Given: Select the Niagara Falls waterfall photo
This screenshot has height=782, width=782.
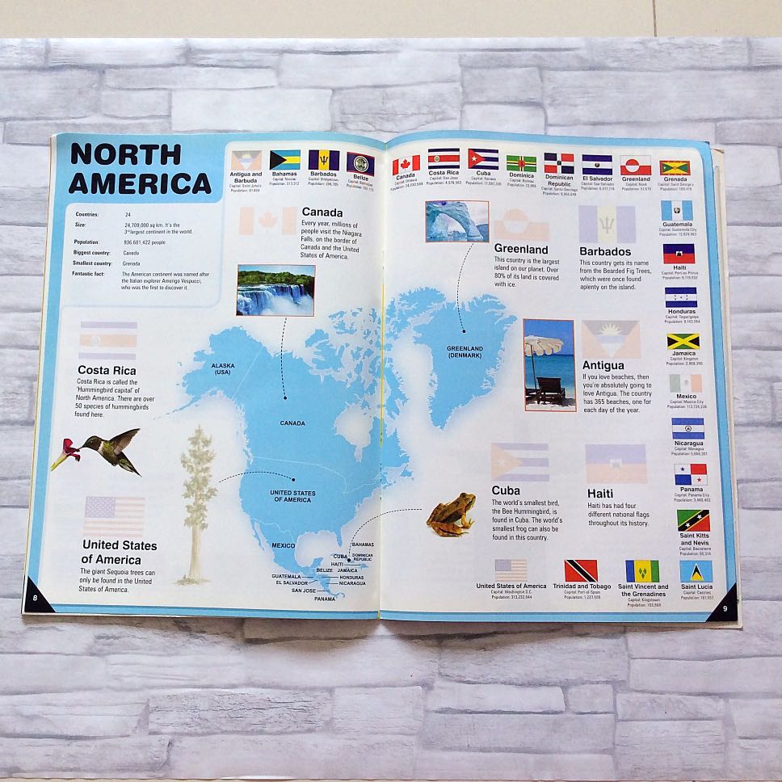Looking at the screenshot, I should [275, 289].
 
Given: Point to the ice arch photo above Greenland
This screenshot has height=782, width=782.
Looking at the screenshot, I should [456, 221].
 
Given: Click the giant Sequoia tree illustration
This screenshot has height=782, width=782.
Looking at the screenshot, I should [196, 501].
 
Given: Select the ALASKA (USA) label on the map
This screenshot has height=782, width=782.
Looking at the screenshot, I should [222, 368].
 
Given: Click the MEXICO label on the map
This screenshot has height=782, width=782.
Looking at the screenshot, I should [282, 546].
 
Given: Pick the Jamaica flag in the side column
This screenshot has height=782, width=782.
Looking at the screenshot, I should [683, 342].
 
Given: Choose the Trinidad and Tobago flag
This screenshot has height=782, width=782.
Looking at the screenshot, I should [581, 570].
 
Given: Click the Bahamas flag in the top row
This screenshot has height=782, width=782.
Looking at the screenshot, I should [284, 160].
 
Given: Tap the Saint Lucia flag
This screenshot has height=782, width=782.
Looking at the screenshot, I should [696, 571].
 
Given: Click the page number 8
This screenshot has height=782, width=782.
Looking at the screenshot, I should [36, 597].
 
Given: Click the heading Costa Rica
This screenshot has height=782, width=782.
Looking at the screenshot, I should [107, 371].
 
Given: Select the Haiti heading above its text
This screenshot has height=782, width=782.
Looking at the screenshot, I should [600, 493].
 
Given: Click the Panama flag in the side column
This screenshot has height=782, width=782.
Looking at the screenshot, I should [691, 474].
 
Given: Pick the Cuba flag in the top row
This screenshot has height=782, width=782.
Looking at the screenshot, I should [483, 158].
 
